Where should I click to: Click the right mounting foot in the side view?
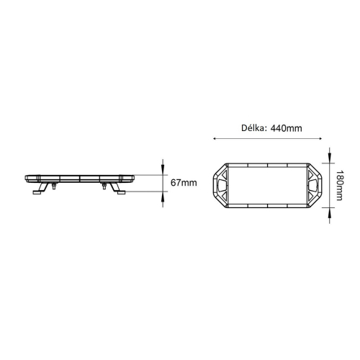click(x=121, y=191)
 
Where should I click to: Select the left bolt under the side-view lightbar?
click(x=53, y=186)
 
